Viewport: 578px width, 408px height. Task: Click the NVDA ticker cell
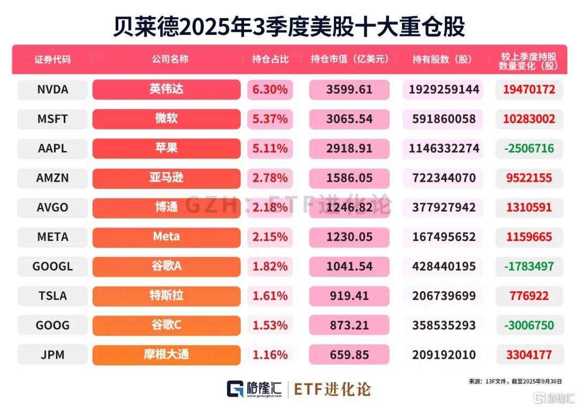pos(52,89)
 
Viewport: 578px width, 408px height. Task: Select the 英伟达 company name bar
pos(166,89)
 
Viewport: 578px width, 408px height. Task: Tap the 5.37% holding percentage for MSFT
pos(270,119)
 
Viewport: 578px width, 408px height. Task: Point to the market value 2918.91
pos(349,148)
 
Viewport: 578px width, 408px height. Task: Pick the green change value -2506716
pos(529,148)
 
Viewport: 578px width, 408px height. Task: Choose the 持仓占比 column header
pos(270,59)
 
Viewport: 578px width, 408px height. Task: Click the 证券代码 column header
pos(52,59)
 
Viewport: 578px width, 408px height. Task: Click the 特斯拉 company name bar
pos(166,296)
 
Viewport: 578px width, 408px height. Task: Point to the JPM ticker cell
pos(52,354)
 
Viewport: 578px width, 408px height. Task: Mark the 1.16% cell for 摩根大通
pos(270,354)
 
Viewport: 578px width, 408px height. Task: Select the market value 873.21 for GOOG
pos(349,325)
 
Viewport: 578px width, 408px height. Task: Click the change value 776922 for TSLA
pos(529,296)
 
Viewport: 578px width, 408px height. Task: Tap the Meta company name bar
pos(166,237)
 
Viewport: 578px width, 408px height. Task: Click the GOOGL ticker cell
pos(52,266)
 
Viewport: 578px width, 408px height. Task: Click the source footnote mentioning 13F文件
pos(515,381)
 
